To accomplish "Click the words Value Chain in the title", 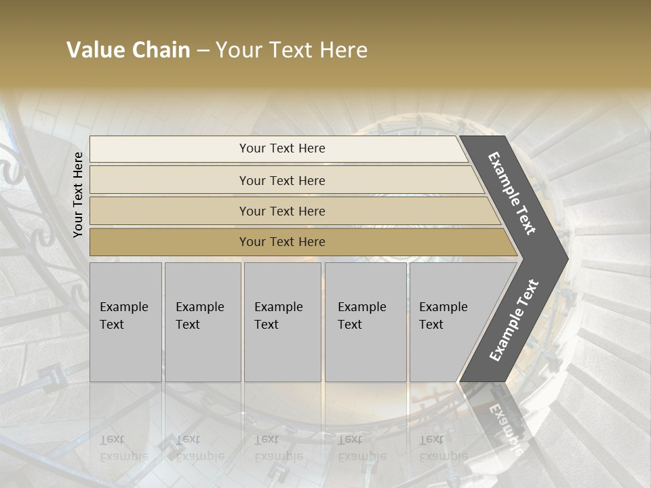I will coord(128,50).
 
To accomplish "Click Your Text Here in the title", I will coord(292,50).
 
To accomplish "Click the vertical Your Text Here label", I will coord(78,195).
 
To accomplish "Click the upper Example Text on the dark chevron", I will coord(512,192).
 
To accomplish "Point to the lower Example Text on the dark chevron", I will coord(513,321).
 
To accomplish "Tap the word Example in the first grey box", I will coord(123,307).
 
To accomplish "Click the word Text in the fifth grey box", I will coord(431,325).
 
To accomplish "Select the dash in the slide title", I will coord(203,51).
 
